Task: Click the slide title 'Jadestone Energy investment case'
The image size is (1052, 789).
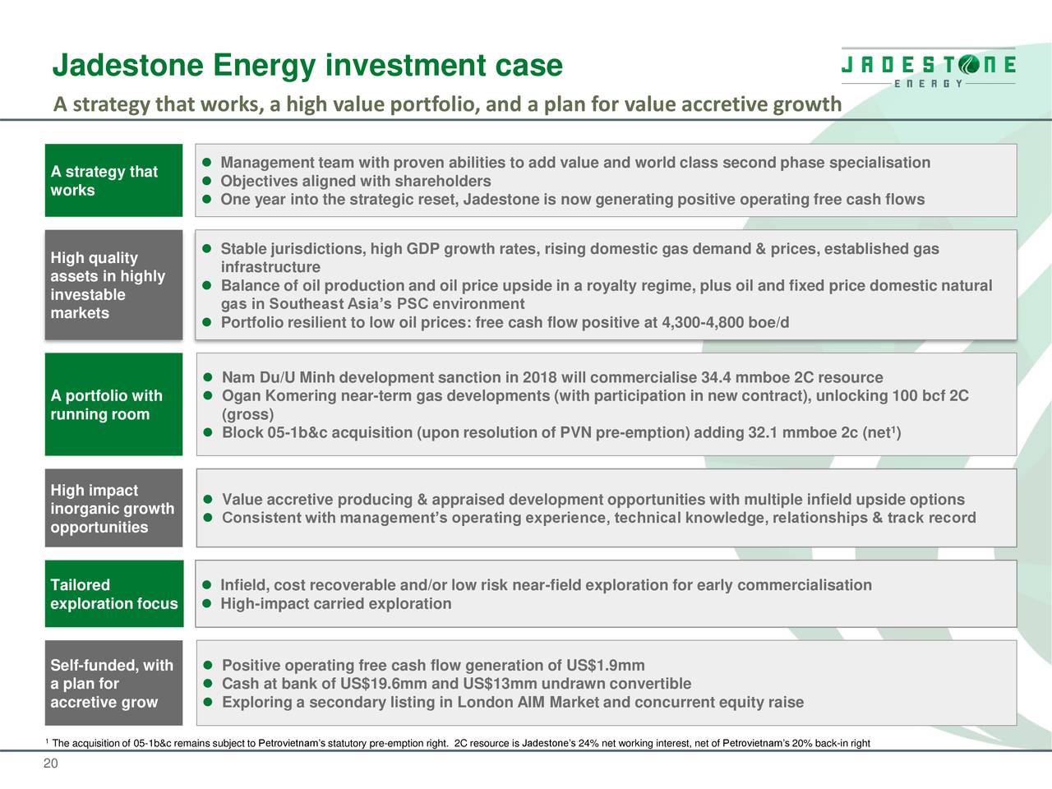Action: click(x=307, y=66)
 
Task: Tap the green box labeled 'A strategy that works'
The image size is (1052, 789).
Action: click(x=113, y=181)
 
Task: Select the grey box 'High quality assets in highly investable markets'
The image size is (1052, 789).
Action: click(x=113, y=285)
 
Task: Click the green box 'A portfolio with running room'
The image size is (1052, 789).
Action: click(x=113, y=404)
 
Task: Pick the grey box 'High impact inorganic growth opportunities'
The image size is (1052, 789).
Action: click(x=113, y=508)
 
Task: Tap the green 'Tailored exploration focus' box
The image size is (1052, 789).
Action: click(x=113, y=594)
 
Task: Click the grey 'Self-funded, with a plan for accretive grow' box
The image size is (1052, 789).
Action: click(x=113, y=683)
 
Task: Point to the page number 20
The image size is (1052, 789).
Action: click(x=50, y=764)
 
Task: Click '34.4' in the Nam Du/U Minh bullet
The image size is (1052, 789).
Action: click(x=717, y=378)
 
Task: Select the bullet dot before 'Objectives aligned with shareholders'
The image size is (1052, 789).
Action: click(x=208, y=182)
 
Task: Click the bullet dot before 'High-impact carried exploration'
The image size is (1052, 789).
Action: click(x=208, y=605)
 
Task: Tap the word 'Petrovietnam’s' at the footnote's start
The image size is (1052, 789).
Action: click(x=292, y=745)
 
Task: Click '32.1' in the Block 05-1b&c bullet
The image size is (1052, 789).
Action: click(x=763, y=433)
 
